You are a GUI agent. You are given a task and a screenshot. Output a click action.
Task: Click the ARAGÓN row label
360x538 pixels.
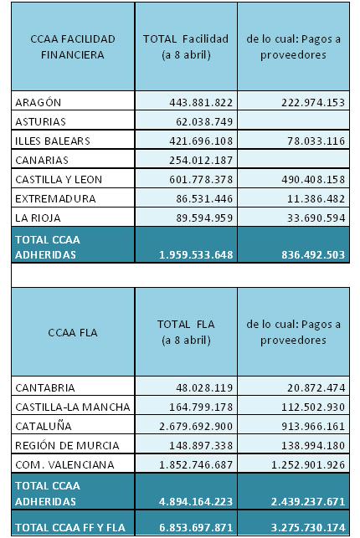point(39,102)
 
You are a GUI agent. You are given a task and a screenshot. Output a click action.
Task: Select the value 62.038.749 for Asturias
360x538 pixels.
point(204,122)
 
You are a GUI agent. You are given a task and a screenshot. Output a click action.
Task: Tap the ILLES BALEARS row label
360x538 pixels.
point(53,141)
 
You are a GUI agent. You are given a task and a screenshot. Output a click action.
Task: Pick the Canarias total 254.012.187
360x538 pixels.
point(201,161)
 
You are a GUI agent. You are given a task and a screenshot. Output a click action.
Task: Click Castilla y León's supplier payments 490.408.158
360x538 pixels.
point(313,179)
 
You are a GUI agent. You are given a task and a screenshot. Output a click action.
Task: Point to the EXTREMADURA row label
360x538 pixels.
point(55,198)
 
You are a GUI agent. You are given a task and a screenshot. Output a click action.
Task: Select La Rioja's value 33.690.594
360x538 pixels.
point(316,218)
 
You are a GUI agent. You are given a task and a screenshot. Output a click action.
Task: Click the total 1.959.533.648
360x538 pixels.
point(196,254)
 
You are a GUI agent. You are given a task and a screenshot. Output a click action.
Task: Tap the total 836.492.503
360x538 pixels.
point(313,254)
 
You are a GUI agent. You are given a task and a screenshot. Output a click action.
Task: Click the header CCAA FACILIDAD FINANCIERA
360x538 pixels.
point(73,47)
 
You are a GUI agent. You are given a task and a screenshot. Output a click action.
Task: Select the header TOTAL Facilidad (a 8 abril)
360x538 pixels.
point(186,47)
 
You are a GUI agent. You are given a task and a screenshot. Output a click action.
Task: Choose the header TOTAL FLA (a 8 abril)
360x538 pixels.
point(186,332)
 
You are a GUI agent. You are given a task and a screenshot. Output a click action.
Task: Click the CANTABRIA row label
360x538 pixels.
point(45,387)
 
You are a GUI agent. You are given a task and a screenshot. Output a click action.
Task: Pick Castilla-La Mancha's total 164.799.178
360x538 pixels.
point(201,407)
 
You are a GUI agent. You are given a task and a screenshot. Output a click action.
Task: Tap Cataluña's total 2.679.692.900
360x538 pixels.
point(196,426)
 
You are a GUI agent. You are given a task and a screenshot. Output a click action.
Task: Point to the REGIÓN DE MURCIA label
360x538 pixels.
point(67,445)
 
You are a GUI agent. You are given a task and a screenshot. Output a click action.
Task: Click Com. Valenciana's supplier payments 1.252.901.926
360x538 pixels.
point(308,464)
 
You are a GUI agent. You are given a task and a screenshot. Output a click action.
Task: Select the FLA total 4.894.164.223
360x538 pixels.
point(196,501)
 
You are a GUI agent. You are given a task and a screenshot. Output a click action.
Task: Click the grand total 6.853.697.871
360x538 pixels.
point(196,527)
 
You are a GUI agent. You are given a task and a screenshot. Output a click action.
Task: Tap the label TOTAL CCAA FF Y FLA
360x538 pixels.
point(70,527)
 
